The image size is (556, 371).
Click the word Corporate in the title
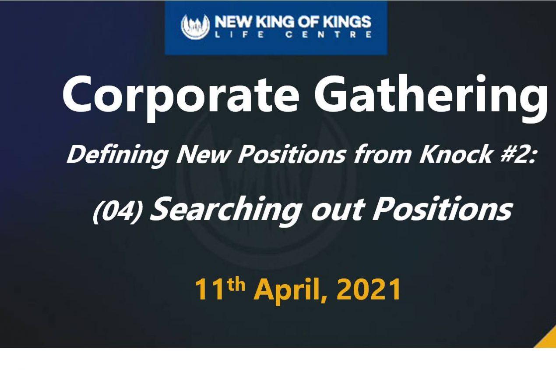pyautogui.click(x=180, y=98)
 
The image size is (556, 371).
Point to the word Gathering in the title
pyautogui.click(x=431, y=98)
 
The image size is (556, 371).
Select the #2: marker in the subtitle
pyautogui.click(x=517, y=154)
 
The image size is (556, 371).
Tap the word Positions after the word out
pyautogui.click(x=442, y=209)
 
